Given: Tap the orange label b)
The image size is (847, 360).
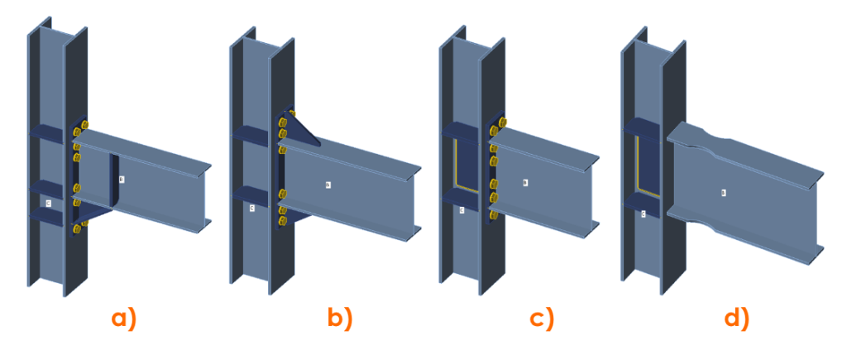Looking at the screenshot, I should point(338,318).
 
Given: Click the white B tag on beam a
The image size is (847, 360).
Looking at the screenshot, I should point(122,179).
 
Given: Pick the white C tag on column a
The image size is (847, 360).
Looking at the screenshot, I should point(48,201).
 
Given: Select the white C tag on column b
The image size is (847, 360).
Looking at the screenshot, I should point(251,208).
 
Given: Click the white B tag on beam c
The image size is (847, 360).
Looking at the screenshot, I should point(525,183).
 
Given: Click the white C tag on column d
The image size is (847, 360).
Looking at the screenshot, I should point(644,214).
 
